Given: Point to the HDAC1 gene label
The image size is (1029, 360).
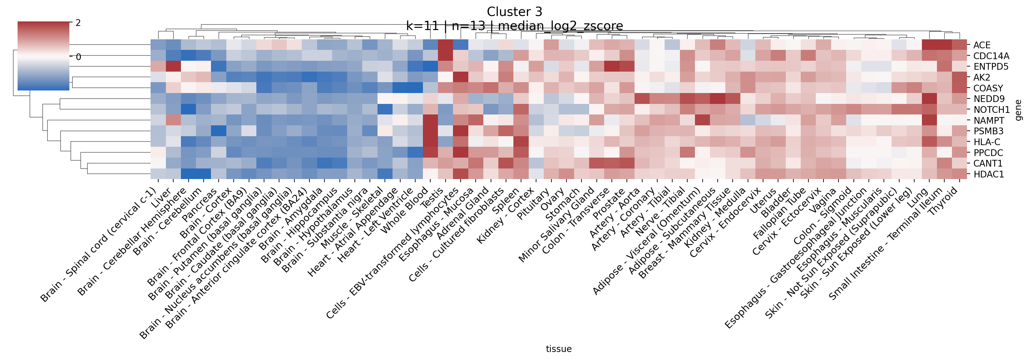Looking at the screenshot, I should point(989,174).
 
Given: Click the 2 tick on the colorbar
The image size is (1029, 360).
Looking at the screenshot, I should point(78,23).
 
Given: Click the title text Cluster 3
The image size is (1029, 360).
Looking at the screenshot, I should point(515,12).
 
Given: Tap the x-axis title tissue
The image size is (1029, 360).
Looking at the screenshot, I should point(558,349).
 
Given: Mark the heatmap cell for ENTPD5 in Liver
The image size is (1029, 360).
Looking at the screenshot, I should point(173,66).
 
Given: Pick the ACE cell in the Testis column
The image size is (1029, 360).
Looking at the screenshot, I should point(445,45).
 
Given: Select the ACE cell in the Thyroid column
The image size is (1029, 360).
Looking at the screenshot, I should point(959,45).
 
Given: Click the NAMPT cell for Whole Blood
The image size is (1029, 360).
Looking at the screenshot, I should point(430,120).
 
